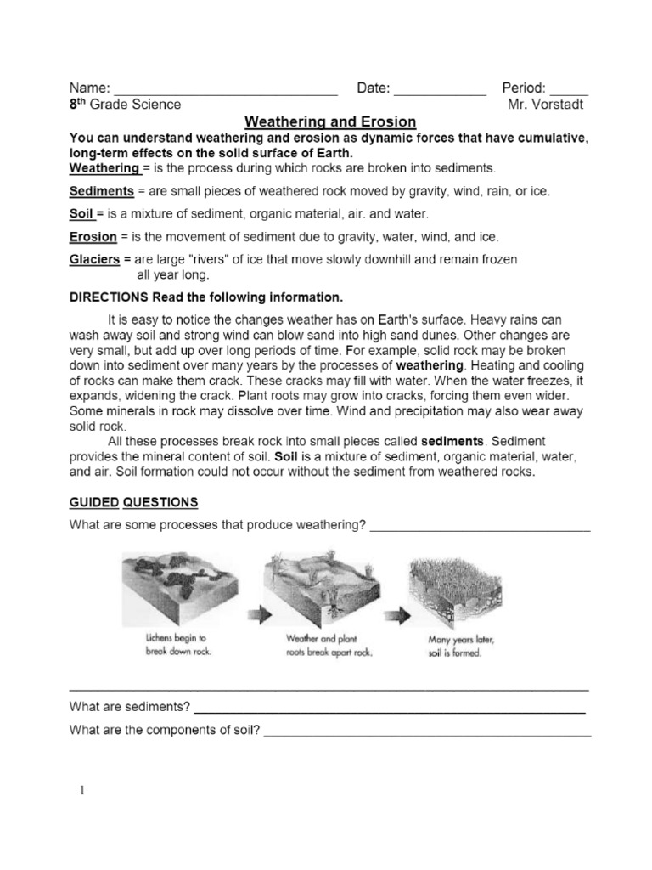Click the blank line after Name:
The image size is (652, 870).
[x=226, y=89]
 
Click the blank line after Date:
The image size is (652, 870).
[x=440, y=89]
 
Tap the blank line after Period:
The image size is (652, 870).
[x=569, y=89]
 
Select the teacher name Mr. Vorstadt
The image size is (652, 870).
[x=545, y=105]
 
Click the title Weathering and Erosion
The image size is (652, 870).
[x=330, y=121]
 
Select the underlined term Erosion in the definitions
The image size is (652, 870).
[x=92, y=236]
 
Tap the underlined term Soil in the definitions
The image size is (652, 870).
[x=81, y=214]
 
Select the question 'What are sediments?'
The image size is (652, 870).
[x=130, y=707]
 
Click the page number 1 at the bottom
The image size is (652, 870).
[x=82, y=790]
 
